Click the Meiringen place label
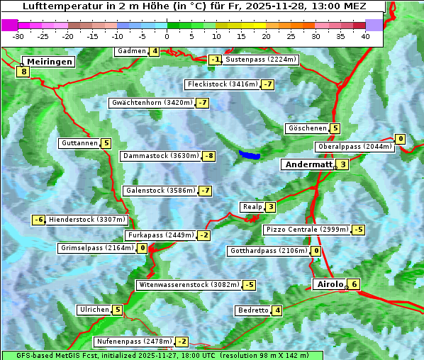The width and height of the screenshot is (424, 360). (x=48, y=62)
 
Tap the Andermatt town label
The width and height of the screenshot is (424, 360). (x=308, y=164)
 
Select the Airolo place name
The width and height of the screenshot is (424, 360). (x=329, y=284)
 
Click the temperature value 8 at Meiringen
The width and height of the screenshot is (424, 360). (x=23, y=71)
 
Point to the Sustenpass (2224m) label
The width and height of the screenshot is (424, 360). (x=261, y=60)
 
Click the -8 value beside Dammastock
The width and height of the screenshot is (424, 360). (x=208, y=156)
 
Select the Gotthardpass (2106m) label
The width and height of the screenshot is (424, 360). (x=269, y=251)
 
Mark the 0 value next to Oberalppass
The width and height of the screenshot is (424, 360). (x=401, y=139)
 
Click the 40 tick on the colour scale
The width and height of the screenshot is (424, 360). (x=365, y=36)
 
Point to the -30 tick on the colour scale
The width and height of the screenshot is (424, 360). (x=18, y=36)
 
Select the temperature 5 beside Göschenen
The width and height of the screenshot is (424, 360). (x=335, y=128)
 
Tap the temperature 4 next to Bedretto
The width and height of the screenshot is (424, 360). (x=277, y=310)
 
